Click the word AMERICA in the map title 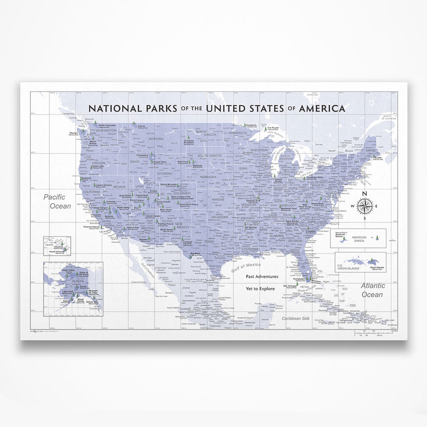(322, 108)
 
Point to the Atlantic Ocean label (373, 290)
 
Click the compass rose (364, 206)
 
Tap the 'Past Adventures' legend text (262, 276)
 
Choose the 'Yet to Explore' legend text (262, 288)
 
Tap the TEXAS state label (209, 241)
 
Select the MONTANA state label (156, 139)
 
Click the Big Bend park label (195, 254)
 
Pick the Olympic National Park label (74, 133)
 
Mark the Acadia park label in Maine (378, 158)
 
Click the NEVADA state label (120, 187)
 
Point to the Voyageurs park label (252, 125)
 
